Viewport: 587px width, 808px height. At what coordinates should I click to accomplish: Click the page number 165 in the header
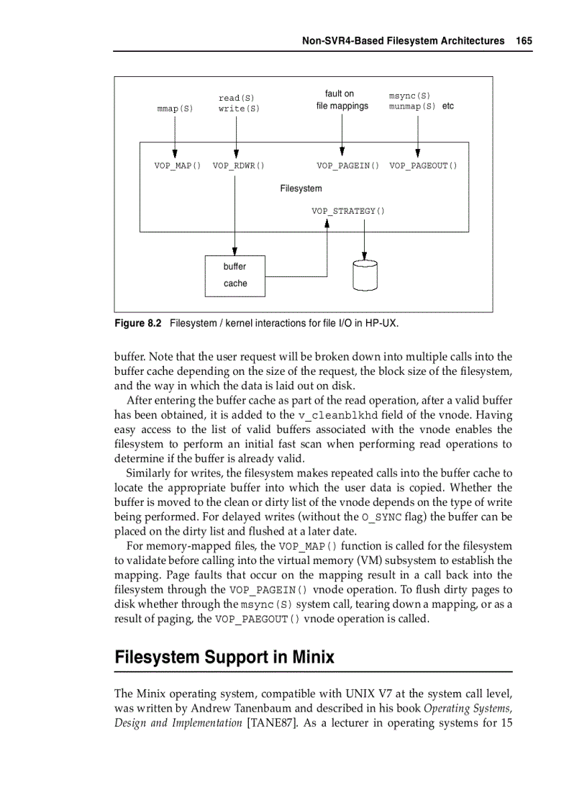pos(524,41)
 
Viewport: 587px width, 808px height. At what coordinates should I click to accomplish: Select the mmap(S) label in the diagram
pos(175,109)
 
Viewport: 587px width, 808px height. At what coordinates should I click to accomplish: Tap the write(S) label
pos(239,109)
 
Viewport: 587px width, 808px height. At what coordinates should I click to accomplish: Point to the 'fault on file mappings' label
pos(342,100)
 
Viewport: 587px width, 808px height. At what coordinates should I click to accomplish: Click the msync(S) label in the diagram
pos(409,96)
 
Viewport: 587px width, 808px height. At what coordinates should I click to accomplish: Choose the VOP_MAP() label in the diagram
pos(177,165)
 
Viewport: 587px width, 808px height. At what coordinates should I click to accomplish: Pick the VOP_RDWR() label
pos(238,165)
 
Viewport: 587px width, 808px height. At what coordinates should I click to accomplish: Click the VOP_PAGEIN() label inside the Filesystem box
pos(347,165)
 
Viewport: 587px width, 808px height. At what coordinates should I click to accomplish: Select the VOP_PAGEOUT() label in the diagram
pos(423,165)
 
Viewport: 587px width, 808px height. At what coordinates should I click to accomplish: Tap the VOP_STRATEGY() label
pos(347,211)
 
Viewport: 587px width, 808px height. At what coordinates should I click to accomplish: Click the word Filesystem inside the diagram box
pos(301,189)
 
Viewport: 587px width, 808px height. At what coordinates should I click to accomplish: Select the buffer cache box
pos(235,276)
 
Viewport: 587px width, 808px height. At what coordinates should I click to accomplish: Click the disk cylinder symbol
pos(365,275)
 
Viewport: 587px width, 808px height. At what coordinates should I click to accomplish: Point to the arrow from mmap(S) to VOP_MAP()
pos(175,137)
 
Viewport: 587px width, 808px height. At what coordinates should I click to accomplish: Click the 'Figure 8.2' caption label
pos(138,324)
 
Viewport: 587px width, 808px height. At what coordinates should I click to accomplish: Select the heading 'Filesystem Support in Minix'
pos(224,658)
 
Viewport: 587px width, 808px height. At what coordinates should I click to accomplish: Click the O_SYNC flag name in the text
pos(381,517)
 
